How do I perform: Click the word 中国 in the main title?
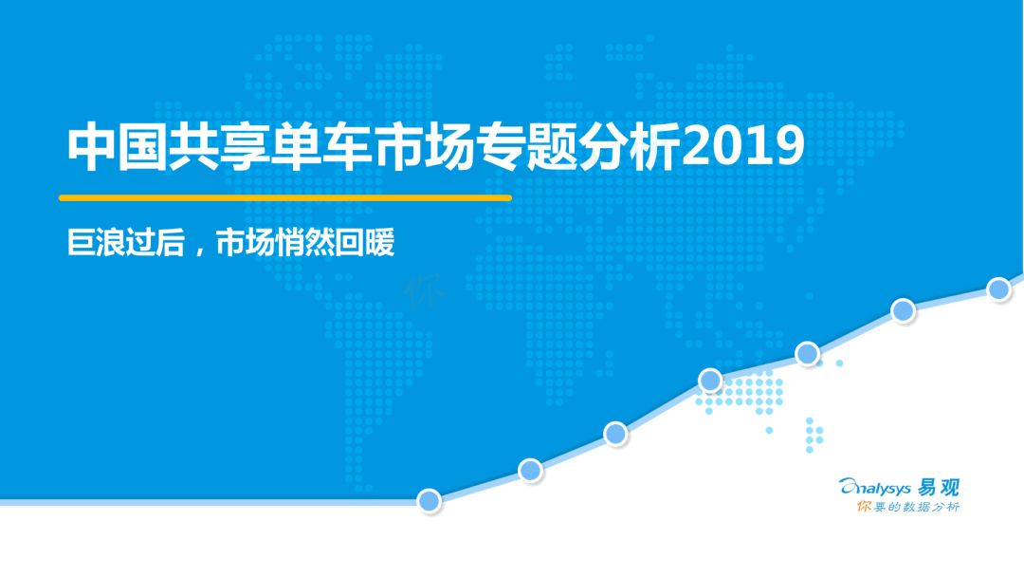coord(118,147)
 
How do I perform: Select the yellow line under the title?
coord(285,197)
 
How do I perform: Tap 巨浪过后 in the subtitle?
coord(126,243)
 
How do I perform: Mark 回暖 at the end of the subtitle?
coord(365,243)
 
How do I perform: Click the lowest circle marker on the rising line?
coord(430,500)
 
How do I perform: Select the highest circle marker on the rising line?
coord(998,288)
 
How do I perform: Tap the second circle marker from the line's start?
coord(530,470)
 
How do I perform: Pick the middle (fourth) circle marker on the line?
coord(710,380)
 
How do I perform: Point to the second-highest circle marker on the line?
coord(903,310)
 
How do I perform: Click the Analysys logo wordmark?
coord(874,488)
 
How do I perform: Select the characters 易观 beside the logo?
coord(939,488)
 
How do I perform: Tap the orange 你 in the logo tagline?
coord(864,507)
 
